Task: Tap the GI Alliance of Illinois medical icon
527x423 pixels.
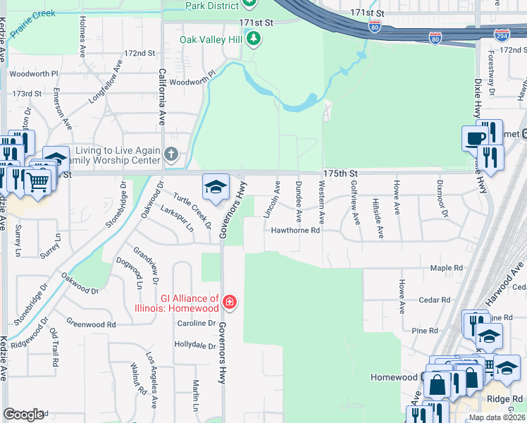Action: [229, 303]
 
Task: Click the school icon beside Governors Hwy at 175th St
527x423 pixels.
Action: [216, 186]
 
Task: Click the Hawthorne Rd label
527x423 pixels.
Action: [296, 230]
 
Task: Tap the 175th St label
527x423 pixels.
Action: [341, 173]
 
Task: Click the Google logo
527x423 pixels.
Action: [23, 415]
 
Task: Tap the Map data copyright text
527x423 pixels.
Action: [497, 417]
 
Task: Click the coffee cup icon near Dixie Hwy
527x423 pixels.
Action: [475, 137]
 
